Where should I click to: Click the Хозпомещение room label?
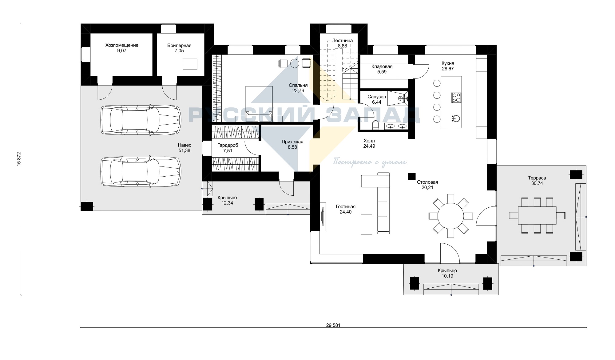[x=122, y=45]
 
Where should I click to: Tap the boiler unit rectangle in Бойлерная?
[x=190, y=64]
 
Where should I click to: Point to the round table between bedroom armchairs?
[x=295, y=63]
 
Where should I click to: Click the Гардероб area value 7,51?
[x=228, y=151]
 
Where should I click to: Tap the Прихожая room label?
[x=292, y=142]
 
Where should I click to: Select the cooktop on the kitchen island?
[x=456, y=98]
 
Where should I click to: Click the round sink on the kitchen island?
[x=455, y=118]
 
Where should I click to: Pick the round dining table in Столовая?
[x=450, y=216]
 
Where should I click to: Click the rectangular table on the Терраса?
[x=537, y=215]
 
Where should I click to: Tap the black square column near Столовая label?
[x=411, y=176]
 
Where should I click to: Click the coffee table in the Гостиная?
[x=367, y=224]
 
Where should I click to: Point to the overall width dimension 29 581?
[x=333, y=325]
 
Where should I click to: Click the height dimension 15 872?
[x=19, y=159]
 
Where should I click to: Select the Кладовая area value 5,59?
[x=382, y=72]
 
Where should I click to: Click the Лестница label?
[x=343, y=40]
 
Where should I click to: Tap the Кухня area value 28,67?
[x=448, y=69]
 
